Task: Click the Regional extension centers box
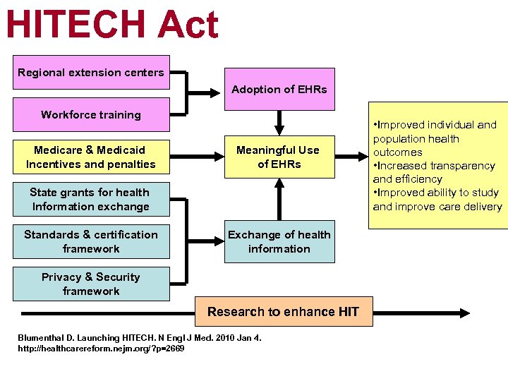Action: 91,73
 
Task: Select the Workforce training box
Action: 91,115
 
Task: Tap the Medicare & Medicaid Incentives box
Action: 91,157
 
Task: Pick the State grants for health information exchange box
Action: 91,199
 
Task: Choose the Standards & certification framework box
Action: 91,241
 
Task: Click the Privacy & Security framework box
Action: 91,284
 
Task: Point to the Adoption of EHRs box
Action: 279,90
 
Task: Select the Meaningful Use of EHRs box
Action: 279,157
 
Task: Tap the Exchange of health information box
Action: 279,241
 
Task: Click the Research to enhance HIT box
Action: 283,311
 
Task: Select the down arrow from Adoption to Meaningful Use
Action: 279,125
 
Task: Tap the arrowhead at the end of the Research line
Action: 466,312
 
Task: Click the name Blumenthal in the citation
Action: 43,338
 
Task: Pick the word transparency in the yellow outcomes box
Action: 462,166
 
